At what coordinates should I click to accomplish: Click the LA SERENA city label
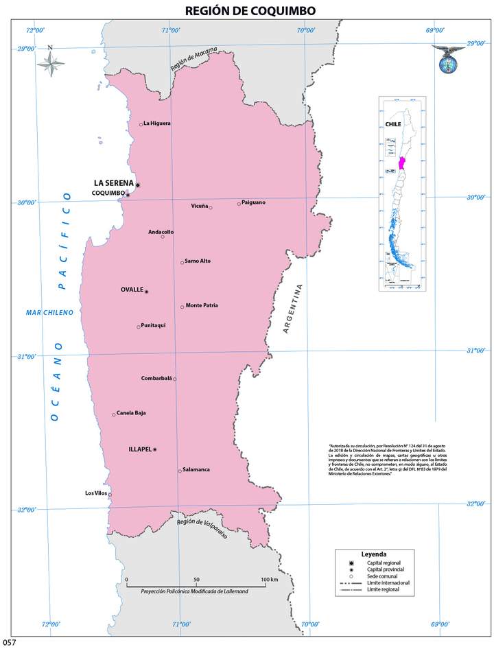coord(113,183)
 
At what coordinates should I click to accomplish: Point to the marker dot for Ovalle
coord(146,292)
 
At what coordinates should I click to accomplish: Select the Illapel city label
coord(139,449)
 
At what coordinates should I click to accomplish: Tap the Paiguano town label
coord(253,202)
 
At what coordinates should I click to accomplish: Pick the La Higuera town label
coord(157,123)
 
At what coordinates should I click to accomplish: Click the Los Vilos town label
coord(96,493)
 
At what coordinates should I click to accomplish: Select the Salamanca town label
coord(197,469)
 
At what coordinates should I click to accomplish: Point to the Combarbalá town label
coord(156,378)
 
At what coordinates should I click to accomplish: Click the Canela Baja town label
coord(132,413)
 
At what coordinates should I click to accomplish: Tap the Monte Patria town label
coord(202,305)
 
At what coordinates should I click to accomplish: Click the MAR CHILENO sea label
coord(49,313)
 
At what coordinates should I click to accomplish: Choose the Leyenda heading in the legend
coord(373,554)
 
